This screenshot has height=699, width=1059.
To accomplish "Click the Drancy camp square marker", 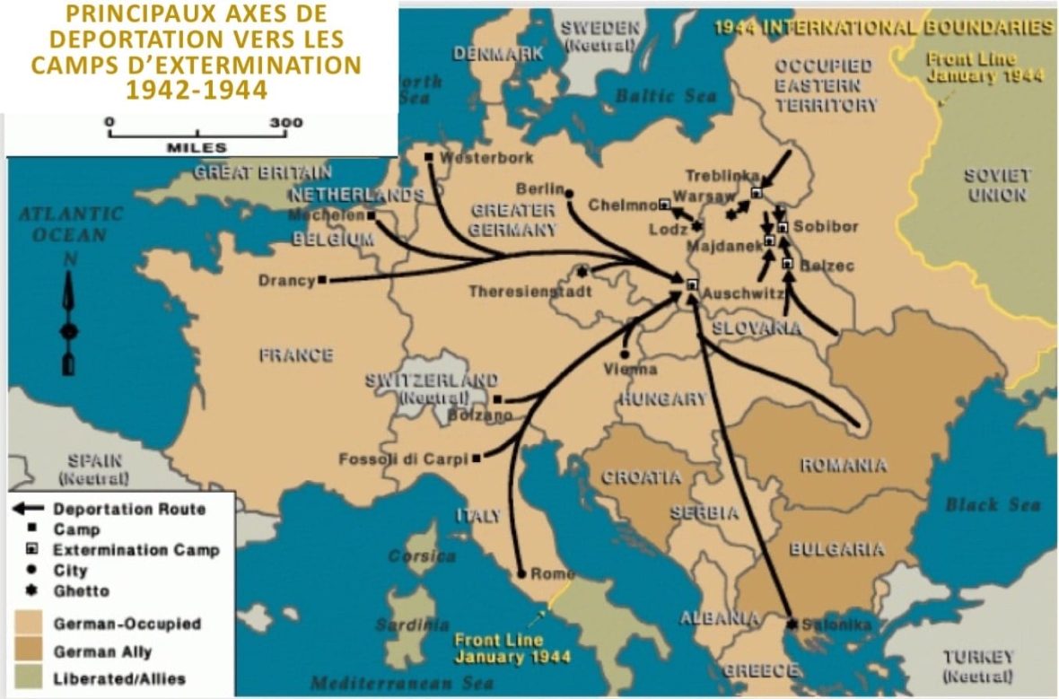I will (322, 280).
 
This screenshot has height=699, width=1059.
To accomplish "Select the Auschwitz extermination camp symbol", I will (691, 284).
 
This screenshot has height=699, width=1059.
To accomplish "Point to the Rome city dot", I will (521, 573).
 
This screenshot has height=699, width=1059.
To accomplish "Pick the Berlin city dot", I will (568, 191).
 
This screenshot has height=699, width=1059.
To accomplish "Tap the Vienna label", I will (631, 369).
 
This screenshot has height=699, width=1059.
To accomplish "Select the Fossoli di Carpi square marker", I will (476, 458).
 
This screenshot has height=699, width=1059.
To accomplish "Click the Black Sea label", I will (992, 505).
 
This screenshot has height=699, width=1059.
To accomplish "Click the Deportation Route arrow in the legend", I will (27, 509).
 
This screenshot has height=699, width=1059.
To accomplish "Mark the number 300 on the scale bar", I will (287, 123).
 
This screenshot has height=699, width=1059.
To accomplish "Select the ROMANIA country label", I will (844, 465).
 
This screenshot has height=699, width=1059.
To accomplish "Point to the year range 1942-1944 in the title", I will (197, 90).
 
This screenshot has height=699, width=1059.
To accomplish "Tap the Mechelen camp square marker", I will (371, 215).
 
